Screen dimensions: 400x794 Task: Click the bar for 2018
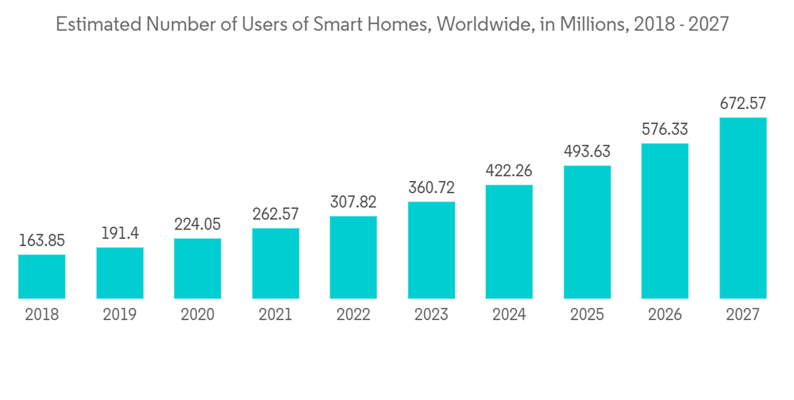click(x=41, y=276)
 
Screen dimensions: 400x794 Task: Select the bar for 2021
click(x=276, y=263)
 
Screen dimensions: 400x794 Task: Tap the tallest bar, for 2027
click(x=742, y=208)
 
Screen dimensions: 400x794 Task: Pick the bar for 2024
click(x=509, y=241)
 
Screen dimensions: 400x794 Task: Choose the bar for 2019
click(x=120, y=273)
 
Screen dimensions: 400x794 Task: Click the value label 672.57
click(x=742, y=103)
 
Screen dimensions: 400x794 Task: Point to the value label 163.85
click(x=41, y=240)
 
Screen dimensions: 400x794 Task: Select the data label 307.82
click(x=353, y=202)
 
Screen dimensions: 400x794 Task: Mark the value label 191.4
click(x=120, y=233)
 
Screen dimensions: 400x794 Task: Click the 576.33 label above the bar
click(x=665, y=129)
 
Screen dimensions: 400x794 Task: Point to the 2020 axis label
click(x=198, y=315)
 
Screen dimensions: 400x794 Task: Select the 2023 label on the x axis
click(x=431, y=315)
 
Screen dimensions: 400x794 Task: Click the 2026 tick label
click(x=665, y=315)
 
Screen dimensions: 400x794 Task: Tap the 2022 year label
click(x=353, y=315)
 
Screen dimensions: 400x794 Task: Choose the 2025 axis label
click(x=587, y=315)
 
